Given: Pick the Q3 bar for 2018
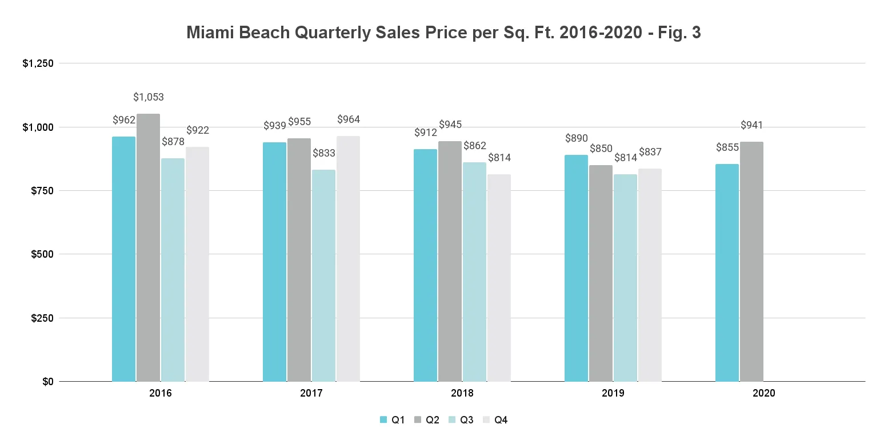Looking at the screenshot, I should point(474,271).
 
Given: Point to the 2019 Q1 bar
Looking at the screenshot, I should point(576,268).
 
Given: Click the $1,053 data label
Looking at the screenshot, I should point(148,97).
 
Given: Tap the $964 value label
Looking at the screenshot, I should point(349,119).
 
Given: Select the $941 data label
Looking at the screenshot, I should point(752,125).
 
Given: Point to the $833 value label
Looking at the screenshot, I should point(324,153).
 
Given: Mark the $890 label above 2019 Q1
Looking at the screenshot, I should point(577,138).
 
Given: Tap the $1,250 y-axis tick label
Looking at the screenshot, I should point(38,63).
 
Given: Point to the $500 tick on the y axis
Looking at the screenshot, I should point(42,254).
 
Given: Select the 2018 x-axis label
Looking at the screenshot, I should point(462,394).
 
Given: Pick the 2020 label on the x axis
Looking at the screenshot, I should point(763,394).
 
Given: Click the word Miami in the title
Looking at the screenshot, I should point(209,33).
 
